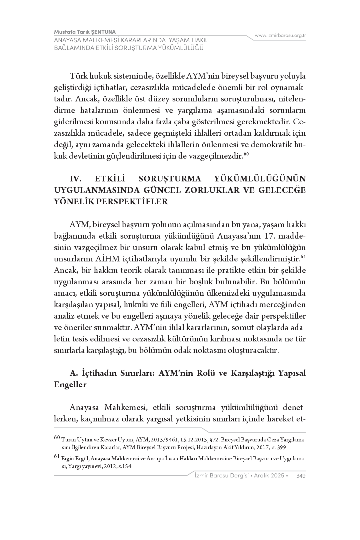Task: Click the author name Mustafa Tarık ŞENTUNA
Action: coord(85,32)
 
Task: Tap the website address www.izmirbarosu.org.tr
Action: coord(280,35)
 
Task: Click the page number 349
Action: coord(301,475)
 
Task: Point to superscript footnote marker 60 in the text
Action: coord(247,155)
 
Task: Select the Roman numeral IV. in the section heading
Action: coord(76,179)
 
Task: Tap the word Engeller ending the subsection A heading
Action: coord(70,385)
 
